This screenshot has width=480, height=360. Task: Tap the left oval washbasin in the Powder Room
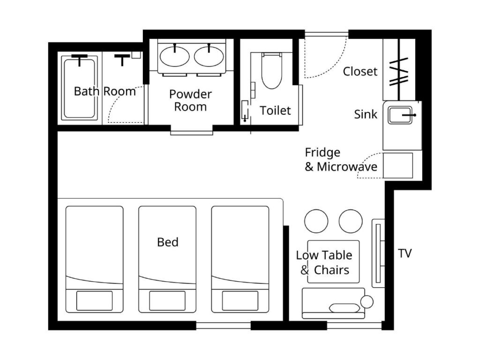(x=174, y=56)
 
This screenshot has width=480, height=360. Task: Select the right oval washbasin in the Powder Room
(x=209, y=56)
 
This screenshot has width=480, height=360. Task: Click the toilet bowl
(x=272, y=71)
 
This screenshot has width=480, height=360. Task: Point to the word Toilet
(x=275, y=110)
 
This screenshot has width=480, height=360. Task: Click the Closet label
(x=360, y=72)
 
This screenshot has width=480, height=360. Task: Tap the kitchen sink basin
(x=400, y=115)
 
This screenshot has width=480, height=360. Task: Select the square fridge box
(x=398, y=166)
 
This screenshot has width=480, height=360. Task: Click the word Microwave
(x=347, y=167)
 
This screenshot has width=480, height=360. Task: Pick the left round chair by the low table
(x=316, y=221)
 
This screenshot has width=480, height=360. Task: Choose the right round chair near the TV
(x=350, y=221)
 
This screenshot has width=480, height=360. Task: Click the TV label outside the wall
(x=405, y=253)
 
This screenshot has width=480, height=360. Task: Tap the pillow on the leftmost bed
(x=94, y=300)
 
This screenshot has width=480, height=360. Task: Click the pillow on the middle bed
(x=167, y=300)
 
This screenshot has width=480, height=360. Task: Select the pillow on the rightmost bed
(x=240, y=300)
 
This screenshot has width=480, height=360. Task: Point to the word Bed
(x=168, y=242)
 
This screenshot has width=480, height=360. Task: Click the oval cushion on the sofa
(x=344, y=308)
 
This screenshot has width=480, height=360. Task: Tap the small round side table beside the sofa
(x=367, y=302)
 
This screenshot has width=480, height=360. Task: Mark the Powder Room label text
(x=190, y=100)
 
